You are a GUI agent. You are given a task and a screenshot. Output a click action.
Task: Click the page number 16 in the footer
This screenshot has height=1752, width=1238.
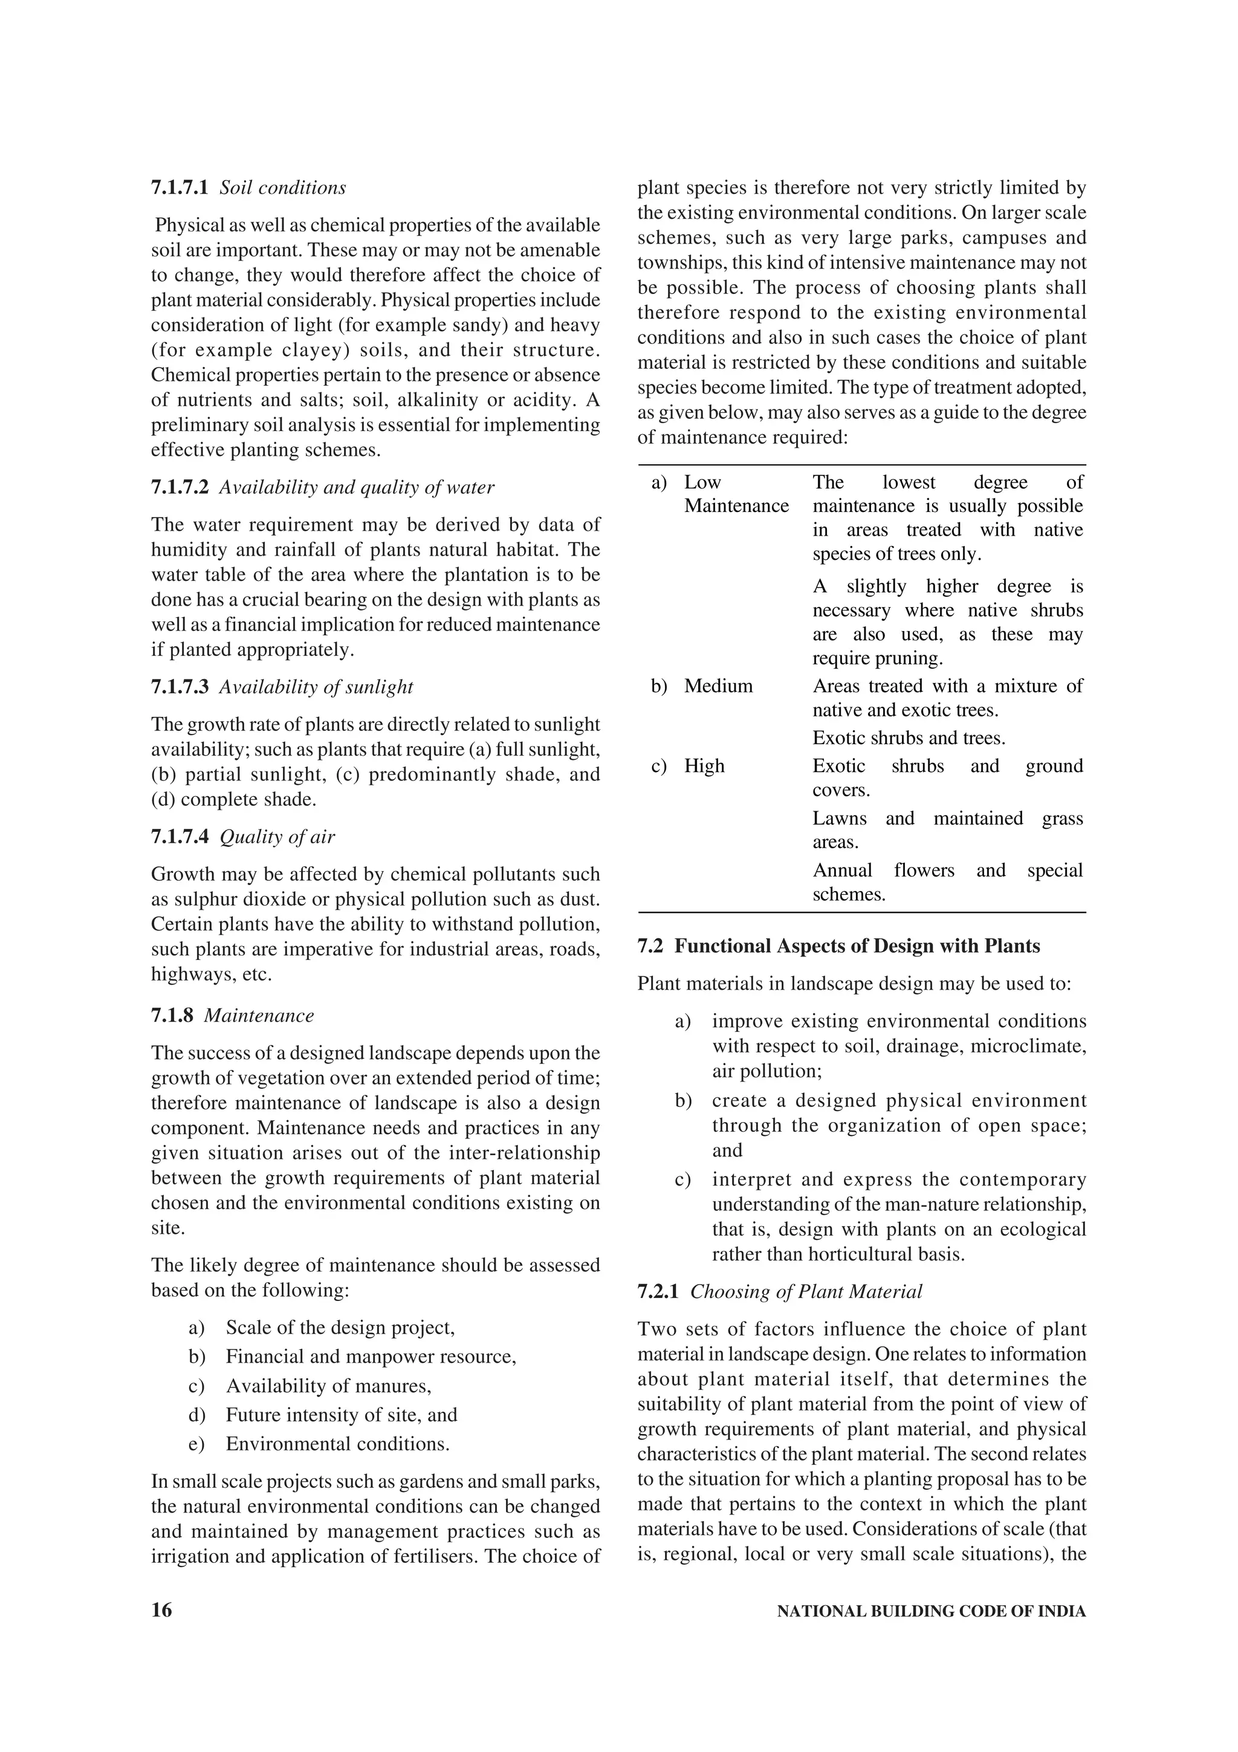[162, 1611]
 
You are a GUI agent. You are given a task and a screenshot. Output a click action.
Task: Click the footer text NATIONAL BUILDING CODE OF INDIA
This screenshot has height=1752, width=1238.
[930, 1612]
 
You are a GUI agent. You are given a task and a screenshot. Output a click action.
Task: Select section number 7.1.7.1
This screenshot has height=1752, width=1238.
[180, 187]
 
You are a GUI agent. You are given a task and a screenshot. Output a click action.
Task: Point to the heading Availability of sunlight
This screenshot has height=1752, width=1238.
[316, 687]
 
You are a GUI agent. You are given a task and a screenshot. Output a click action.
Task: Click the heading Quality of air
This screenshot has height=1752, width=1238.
[277, 837]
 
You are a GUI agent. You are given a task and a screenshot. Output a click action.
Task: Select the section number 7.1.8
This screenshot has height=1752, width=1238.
[172, 1016]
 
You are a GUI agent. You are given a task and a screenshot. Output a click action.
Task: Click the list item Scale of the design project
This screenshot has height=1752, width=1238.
[340, 1328]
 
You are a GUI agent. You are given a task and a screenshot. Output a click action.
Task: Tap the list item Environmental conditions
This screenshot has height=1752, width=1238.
[337, 1444]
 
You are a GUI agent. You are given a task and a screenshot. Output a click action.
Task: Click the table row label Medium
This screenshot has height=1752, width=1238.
[718, 686]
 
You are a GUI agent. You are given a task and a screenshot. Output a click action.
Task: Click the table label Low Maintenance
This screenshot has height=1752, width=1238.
[735, 495]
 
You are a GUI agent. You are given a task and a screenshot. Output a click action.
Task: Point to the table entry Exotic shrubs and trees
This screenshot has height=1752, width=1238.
[909, 738]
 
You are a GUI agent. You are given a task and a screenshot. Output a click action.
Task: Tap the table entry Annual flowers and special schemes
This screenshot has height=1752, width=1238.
[947, 882]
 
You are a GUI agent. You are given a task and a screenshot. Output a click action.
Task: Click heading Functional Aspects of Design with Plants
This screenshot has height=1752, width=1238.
[857, 946]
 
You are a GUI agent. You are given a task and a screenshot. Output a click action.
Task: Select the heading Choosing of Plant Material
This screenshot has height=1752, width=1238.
[806, 1292]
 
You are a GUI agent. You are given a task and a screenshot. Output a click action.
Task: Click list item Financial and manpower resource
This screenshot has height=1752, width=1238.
[371, 1357]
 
